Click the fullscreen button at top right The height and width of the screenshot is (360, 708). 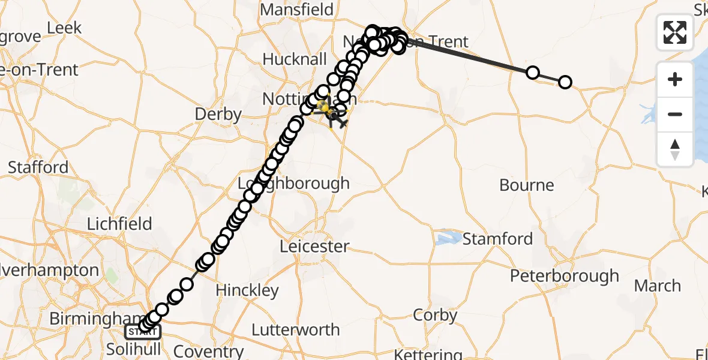[x=675, y=32]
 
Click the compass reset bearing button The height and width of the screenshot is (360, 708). [x=675, y=149]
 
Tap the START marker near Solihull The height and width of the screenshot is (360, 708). [x=142, y=331]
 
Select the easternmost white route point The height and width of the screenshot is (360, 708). [x=565, y=82]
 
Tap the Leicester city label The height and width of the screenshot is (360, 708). [x=314, y=246]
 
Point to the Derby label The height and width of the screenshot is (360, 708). [x=218, y=114]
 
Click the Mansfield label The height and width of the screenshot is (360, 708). [x=296, y=10]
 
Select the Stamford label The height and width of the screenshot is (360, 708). [x=497, y=239]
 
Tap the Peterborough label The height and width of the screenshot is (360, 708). [x=564, y=276]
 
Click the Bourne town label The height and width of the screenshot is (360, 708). [x=526, y=185]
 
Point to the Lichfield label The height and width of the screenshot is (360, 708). [x=119, y=224]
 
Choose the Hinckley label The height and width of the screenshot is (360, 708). [x=247, y=290]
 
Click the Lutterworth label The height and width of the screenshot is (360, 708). [x=295, y=330]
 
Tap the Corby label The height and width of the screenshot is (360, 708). [x=435, y=315]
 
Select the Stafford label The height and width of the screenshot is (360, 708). [x=38, y=167]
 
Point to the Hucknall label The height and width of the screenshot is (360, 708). [x=295, y=59]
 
